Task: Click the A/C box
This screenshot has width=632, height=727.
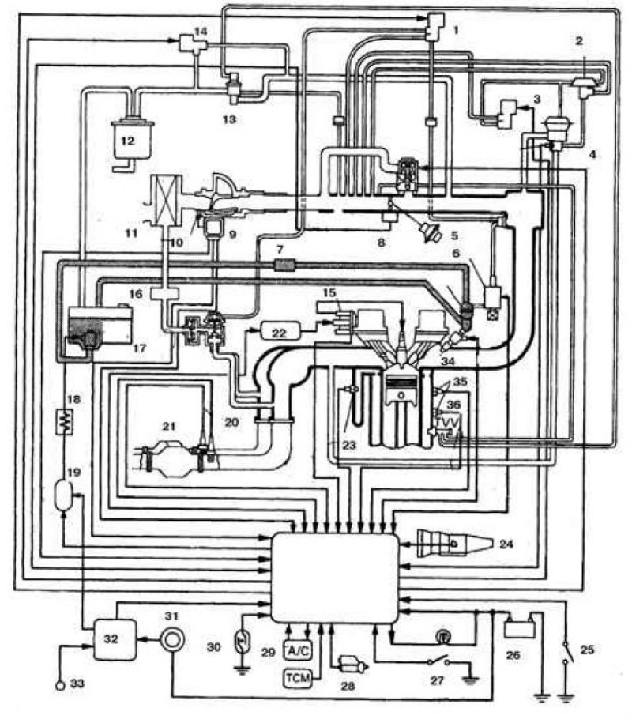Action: pyautogui.click(x=298, y=650)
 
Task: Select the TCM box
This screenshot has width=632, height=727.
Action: pyautogui.click(x=298, y=678)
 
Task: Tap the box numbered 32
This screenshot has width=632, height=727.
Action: pyautogui.click(x=115, y=639)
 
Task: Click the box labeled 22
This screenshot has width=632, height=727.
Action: pyautogui.click(x=280, y=333)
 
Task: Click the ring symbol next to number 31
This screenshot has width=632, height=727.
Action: pyautogui.click(x=172, y=640)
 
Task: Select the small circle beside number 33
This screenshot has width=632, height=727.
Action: pyautogui.click(x=60, y=684)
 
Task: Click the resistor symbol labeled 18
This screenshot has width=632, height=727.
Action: pyautogui.click(x=63, y=421)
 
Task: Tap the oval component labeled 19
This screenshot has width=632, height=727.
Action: pyautogui.click(x=63, y=495)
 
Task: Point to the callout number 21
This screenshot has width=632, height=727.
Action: pyautogui.click(x=169, y=426)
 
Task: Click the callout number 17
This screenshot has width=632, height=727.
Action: pyautogui.click(x=139, y=348)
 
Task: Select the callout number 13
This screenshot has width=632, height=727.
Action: pyautogui.click(x=230, y=119)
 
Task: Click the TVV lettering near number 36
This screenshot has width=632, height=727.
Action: pyautogui.click(x=447, y=424)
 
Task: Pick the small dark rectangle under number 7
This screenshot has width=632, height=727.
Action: pyautogui.click(x=284, y=265)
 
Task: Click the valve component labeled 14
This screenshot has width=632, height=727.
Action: pyautogui.click(x=193, y=43)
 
